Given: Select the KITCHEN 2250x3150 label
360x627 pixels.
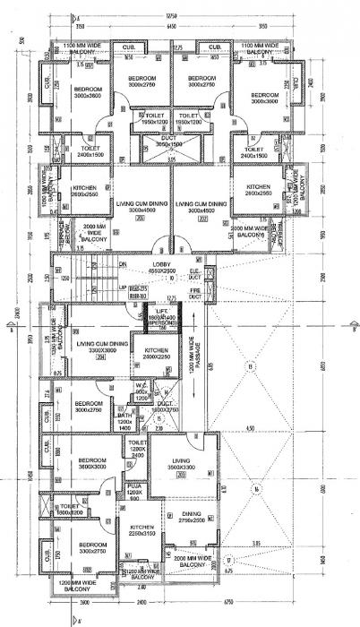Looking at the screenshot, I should click(x=142, y=530).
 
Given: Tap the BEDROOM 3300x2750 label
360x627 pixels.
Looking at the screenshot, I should click(x=92, y=548).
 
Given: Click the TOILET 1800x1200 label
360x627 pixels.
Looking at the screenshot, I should click(x=71, y=508).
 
